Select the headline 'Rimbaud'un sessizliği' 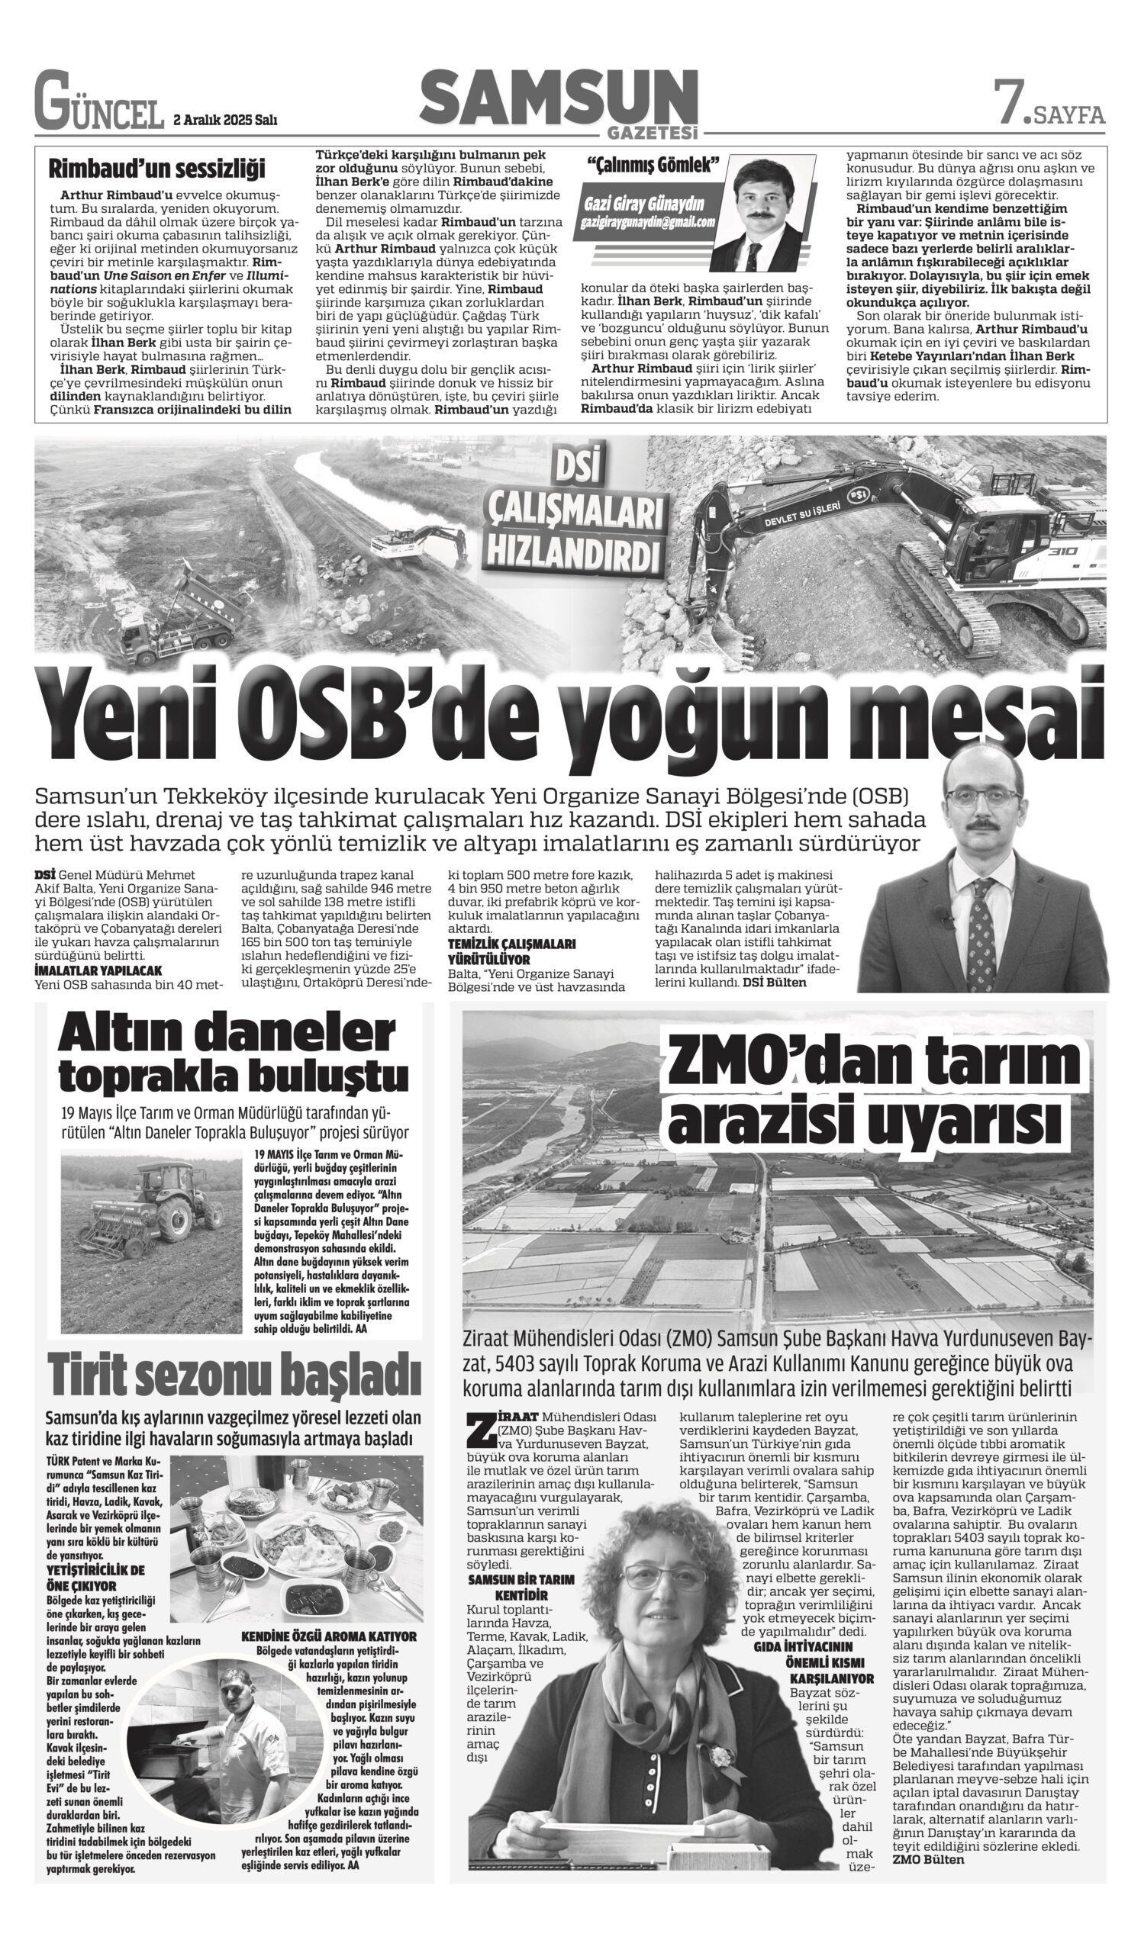tap(156, 168)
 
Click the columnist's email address tap(647, 222)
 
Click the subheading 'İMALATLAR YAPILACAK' tap(98, 970)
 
